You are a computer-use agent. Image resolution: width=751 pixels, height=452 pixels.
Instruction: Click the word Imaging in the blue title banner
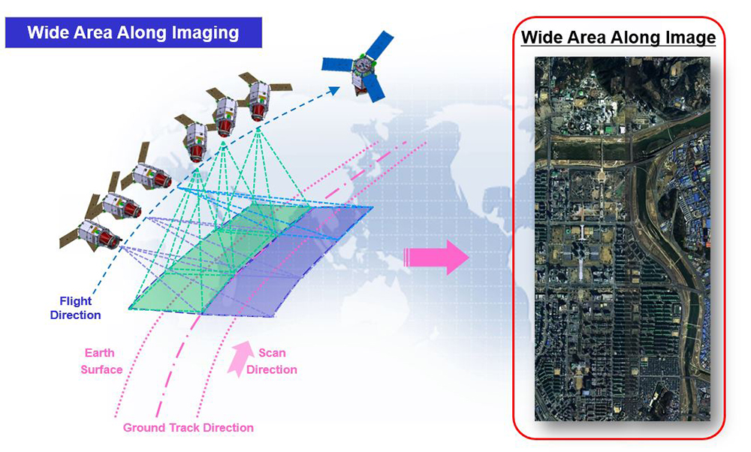pyautogui.click(x=206, y=33)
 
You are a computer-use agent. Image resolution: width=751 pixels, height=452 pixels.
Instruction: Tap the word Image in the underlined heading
pyautogui.click(x=686, y=38)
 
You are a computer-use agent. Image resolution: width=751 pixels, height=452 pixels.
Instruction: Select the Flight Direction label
pyautogui.click(x=76, y=308)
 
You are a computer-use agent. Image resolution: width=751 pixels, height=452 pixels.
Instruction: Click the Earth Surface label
pyautogui.click(x=101, y=361)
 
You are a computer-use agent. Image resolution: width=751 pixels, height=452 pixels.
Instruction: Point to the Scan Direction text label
pyautogui.click(x=272, y=361)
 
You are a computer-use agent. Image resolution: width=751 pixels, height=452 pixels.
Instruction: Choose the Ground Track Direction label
pyautogui.click(x=189, y=427)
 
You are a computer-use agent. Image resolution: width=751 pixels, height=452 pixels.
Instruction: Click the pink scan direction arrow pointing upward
pyautogui.click(x=240, y=359)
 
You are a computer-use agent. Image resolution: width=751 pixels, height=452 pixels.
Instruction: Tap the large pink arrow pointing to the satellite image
pyautogui.click(x=436, y=258)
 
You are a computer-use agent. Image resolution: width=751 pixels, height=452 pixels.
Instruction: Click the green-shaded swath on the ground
pyautogui.click(x=218, y=258)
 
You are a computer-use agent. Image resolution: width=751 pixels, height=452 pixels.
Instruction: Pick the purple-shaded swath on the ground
pyautogui.click(x=288, y=261)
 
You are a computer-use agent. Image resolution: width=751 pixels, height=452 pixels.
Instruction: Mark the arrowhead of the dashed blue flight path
pyautogui.click(x=335, y=89)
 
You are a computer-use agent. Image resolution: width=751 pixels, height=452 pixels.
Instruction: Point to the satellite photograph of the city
pyautogui.click(x=622, y=239)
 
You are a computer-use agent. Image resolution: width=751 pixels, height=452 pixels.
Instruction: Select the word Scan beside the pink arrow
pyautogui.click(x=272, y=353)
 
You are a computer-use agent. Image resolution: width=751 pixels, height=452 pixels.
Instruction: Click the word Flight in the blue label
pyautogui.click(x=76, y=301)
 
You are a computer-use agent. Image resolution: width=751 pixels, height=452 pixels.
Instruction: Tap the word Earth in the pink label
pyautogui.click(x=100, y=353)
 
